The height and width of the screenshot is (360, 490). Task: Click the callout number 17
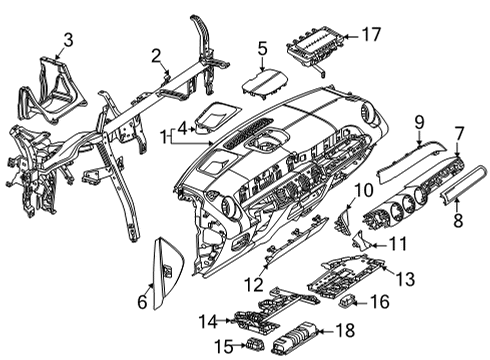[x=371, y=34]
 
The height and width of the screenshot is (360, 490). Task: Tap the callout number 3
[x=68, y=40]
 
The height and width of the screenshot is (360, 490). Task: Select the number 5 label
[x=262, y=49]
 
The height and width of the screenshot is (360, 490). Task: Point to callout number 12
[x=254, y=285]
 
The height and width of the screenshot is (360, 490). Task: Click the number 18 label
[x=345, y=330]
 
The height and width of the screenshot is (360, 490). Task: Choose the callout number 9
[x=419, y=122]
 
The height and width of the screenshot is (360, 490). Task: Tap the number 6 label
[x=142, y=302]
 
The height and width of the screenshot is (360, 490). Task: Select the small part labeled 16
[x=346, y=301]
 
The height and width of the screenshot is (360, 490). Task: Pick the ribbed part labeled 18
[x=294, y=338]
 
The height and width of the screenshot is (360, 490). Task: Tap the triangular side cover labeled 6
[x=168, y=272]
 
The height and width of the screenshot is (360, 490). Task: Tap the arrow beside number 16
[x=360, y=303]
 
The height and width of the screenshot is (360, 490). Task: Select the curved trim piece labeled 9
[x=412, y=160]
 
